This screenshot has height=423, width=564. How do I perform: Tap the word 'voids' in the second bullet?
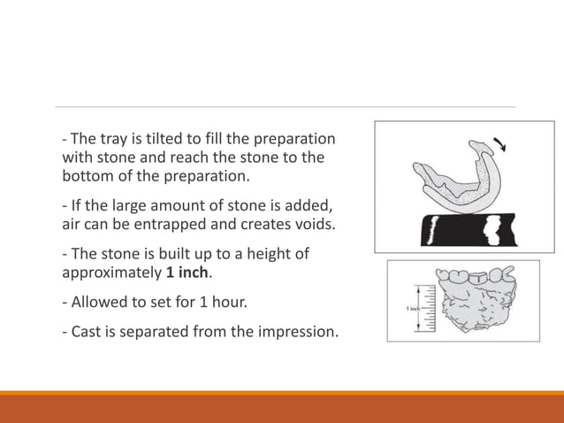[x=314, y=224]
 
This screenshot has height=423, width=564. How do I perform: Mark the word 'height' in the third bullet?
[x=269, y=254]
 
